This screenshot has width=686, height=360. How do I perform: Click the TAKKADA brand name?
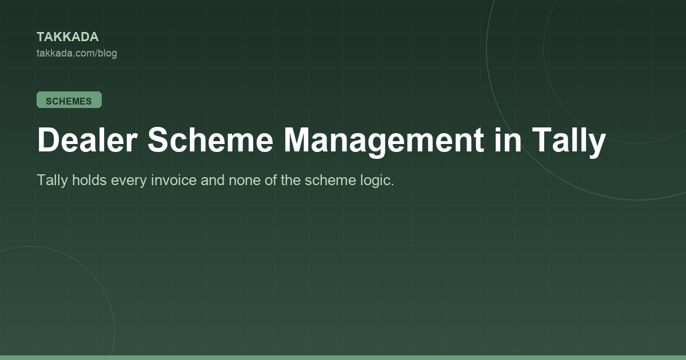point(67,37)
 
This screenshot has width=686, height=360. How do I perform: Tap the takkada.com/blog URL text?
point(77,53)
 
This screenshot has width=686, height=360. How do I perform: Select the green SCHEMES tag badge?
point(69,100)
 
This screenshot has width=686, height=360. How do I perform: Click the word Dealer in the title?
point(87,140)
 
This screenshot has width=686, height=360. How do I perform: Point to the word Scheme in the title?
point(210,140)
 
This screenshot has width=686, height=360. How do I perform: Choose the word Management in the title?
point(384,142)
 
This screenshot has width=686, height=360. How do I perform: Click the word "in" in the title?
point(508,139)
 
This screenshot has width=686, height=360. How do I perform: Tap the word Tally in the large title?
point(569,142)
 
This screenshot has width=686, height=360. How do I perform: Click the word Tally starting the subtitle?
point(52,181)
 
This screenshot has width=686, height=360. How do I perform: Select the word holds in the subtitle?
point(89,179)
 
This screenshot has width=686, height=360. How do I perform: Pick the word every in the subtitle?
point(129,181)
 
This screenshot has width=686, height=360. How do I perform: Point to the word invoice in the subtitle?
point(174,179)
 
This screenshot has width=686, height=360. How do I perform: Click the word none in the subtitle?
point(245,181)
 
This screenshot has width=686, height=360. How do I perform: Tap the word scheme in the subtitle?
point(330,179)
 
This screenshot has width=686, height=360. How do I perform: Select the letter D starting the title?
point(47,139)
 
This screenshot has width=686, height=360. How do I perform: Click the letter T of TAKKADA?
point(41,37)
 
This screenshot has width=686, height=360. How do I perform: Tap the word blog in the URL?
point(107,53)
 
